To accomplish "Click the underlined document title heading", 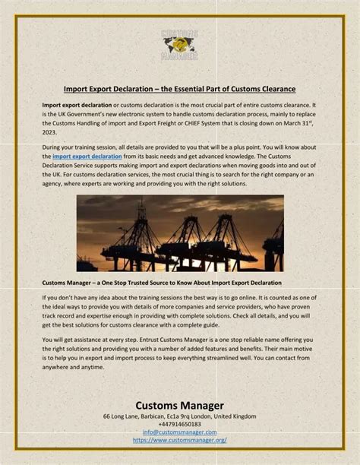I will (x=179, y=88).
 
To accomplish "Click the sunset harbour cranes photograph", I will (x=180, y=233).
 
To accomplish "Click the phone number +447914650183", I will (x=179, y=424).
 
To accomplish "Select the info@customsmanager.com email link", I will (x=179, y=432).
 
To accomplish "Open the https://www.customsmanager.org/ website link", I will (x=179, y=439).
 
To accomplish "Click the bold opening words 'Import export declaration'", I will (x=76, y=104).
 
